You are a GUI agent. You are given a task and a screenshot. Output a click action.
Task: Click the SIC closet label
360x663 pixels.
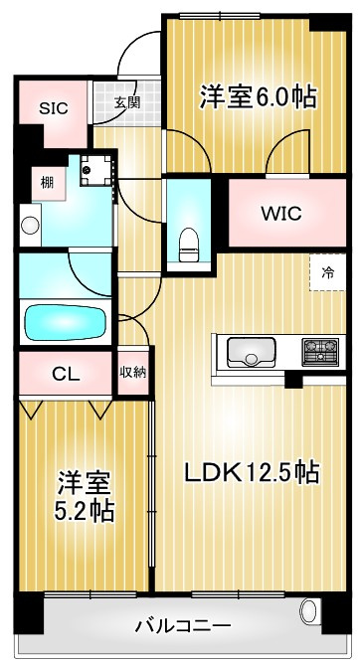[54, 108]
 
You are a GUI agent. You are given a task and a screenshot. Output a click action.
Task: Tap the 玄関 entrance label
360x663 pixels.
[126, 101]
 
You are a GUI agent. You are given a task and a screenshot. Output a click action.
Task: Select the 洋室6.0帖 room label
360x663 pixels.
[257, 96]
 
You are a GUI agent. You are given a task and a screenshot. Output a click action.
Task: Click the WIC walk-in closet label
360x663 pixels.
[280, 214]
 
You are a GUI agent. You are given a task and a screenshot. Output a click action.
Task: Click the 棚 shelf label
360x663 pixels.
[46, 181]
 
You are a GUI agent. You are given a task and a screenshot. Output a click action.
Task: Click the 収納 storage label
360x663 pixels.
[133, 373]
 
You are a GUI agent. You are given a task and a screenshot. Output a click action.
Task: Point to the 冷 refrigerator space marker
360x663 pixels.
[327, 271]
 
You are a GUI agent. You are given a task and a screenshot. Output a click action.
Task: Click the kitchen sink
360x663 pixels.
[253, 351]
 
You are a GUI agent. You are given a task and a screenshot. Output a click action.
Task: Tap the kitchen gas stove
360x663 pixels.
[321, 351]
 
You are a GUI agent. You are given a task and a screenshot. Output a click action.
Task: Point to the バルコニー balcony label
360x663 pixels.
[183, 626]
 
